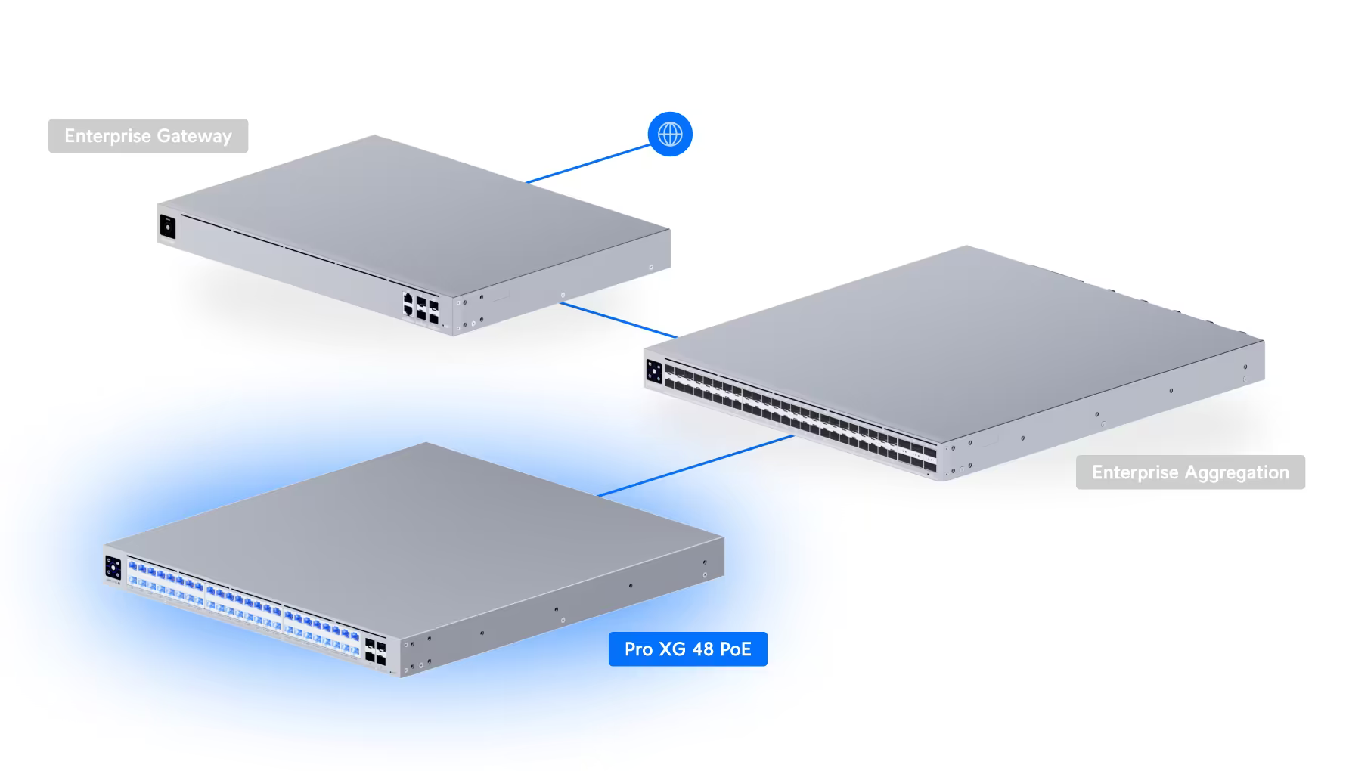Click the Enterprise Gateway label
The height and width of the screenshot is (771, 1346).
coord(148,136)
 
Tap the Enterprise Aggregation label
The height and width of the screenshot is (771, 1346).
coord(1190,472)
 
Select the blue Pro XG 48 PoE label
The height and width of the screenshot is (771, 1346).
coord(687,649)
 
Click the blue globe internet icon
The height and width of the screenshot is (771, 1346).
coord(670,135)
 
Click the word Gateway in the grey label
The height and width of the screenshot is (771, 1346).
coord(194,136)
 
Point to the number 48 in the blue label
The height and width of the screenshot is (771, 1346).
coord(703,649)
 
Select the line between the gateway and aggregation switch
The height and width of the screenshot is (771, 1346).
coord(618,320)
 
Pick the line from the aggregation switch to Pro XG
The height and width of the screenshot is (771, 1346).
coord(696,466)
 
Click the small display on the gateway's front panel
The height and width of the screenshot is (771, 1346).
coord(167,226)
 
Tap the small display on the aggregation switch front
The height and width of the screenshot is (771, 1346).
coord(654,373)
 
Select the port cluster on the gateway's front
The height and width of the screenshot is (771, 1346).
coord(420,306)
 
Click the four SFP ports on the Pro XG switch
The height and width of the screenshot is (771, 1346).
coord(375,651)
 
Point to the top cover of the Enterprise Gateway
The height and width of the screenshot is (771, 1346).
coord(408,204)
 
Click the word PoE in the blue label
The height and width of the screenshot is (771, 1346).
coord(736,649)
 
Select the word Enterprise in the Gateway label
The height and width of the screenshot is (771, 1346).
coord(107,136)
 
